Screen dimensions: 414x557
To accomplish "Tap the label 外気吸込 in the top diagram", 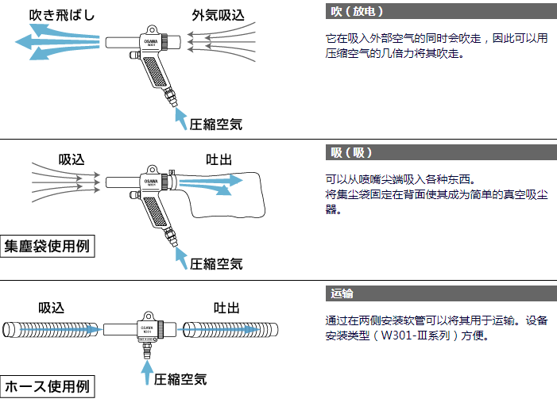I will (217, 14).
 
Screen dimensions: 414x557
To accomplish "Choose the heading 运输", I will (342, 293).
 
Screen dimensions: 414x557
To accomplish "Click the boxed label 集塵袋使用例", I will (48, 246).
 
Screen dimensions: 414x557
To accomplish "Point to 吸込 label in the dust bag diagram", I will (72, 159).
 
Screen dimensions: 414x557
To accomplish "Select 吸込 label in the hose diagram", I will (52, 307).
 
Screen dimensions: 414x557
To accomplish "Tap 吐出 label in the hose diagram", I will (226, 307).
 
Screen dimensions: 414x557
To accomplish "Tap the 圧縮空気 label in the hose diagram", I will (180, 379).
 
